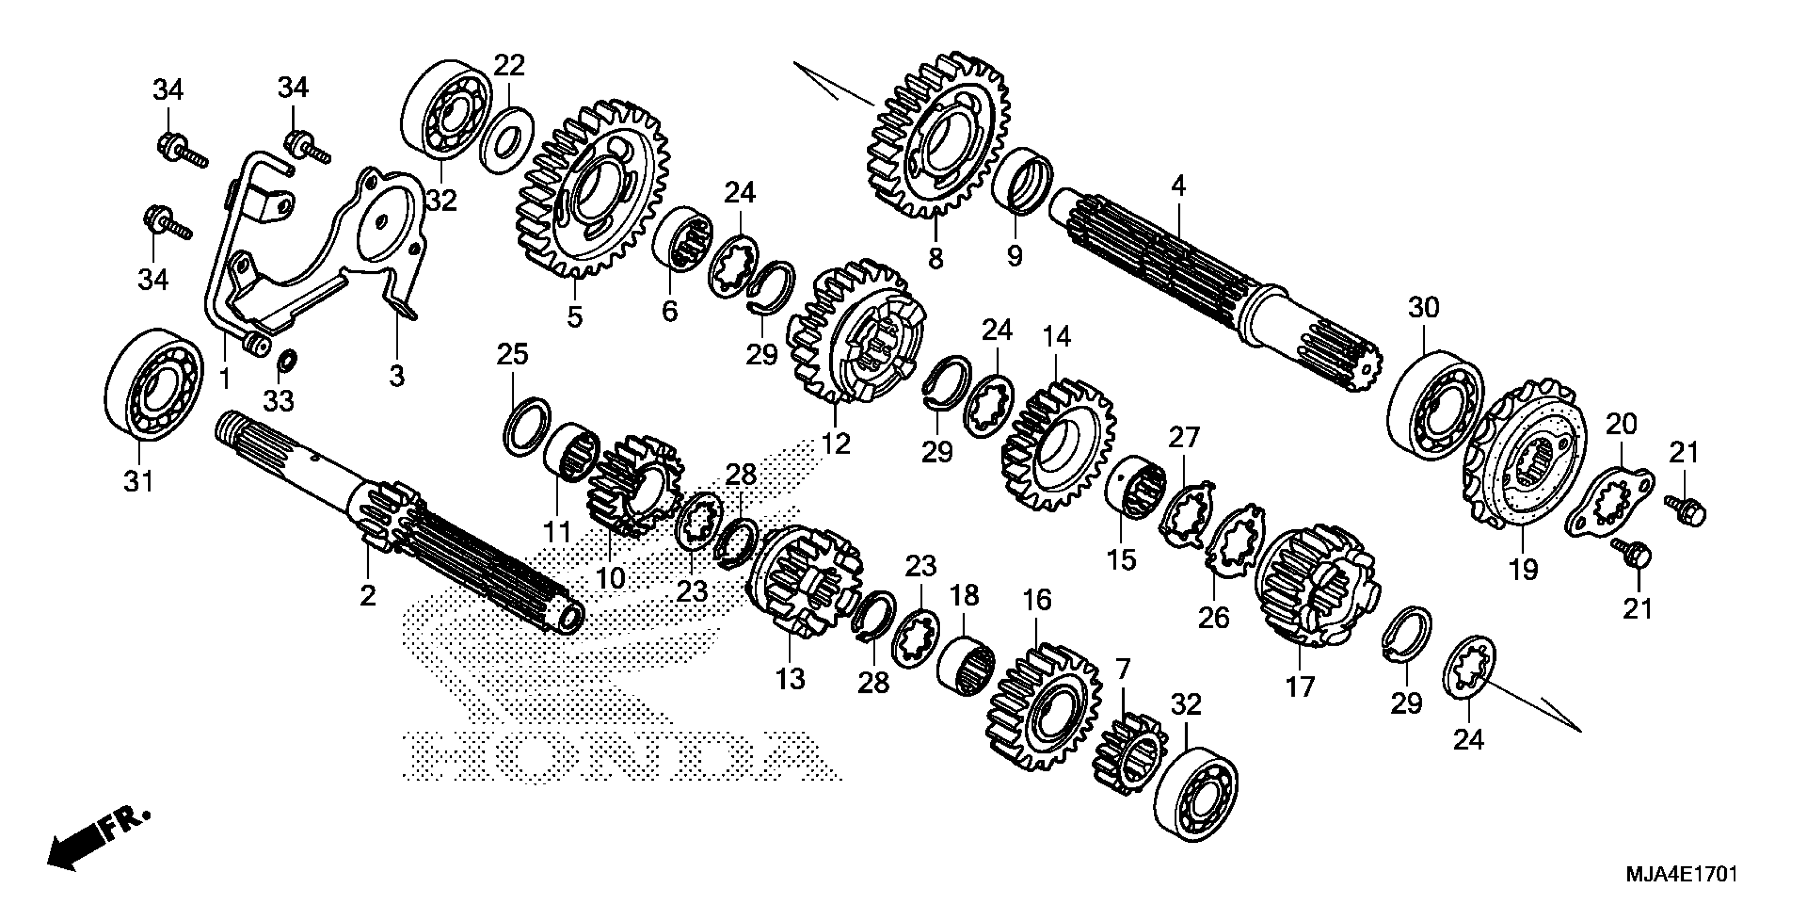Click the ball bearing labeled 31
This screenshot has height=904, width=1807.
[154, 384]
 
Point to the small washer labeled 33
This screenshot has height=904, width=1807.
[287, 362]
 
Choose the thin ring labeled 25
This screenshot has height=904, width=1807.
[528, 425]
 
